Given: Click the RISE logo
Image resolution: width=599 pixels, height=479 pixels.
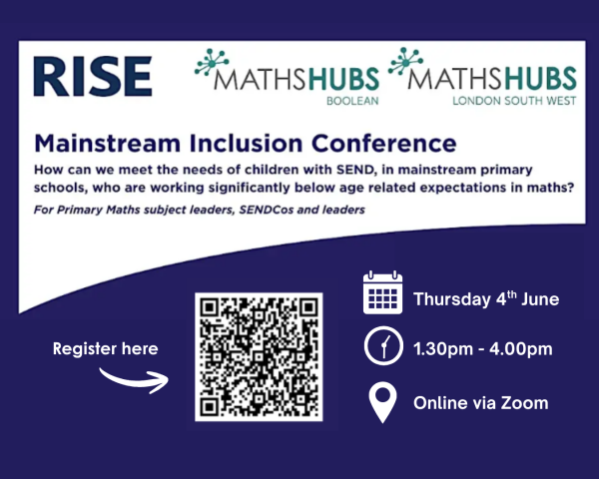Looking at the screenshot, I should click(91, 77).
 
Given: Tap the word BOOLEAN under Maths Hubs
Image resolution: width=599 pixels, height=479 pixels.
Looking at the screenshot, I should click(350, 100).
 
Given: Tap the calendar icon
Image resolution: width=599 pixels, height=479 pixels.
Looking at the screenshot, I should click(382, 294).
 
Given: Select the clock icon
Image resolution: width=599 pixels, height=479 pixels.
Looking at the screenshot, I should click(382, 348).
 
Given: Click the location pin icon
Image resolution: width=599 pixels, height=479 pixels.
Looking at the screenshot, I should click(382, 403).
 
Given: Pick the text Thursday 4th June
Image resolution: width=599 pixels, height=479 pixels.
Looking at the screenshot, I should click(485, 298).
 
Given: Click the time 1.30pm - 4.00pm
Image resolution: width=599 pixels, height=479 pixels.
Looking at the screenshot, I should click(483, 349).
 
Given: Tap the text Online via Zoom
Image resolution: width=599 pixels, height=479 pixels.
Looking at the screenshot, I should click(480, 403).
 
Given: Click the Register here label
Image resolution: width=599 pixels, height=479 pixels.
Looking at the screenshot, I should click(105, 349).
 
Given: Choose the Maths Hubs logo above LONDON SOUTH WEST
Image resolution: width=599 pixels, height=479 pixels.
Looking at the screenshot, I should click(483, 73).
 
